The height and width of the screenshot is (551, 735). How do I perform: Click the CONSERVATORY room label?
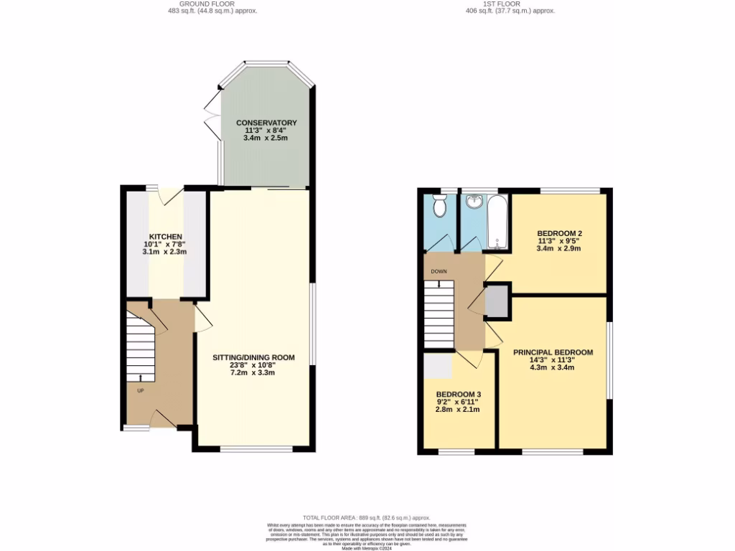click(x=266, y=123)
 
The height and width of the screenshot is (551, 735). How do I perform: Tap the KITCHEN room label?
click(x=165, y=237)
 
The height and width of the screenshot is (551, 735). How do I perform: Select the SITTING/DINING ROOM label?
click(x=253, y=357)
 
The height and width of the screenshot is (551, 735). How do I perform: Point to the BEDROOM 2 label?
click(x=559, y=233)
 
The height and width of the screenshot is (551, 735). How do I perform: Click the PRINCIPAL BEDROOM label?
click(x=553, y=352)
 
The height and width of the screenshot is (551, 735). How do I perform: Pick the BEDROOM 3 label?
click(x=458, y=395)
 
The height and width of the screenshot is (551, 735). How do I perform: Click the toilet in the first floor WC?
click(x=441, y=207)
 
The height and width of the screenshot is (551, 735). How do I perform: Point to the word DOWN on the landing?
click(x=439, y=272)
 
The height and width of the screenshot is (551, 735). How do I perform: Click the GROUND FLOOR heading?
click(x=207, y=4)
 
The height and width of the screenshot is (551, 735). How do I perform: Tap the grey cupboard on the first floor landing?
click(x=497, y=301)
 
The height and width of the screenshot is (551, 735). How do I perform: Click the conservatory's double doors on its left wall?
click(x=210, y=117)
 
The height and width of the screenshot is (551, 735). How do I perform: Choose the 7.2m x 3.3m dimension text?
click(x=253, y=373)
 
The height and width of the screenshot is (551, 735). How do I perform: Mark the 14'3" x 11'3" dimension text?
click(x=553, y=360)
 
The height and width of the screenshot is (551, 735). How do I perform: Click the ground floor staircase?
click(x=141, y=344)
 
